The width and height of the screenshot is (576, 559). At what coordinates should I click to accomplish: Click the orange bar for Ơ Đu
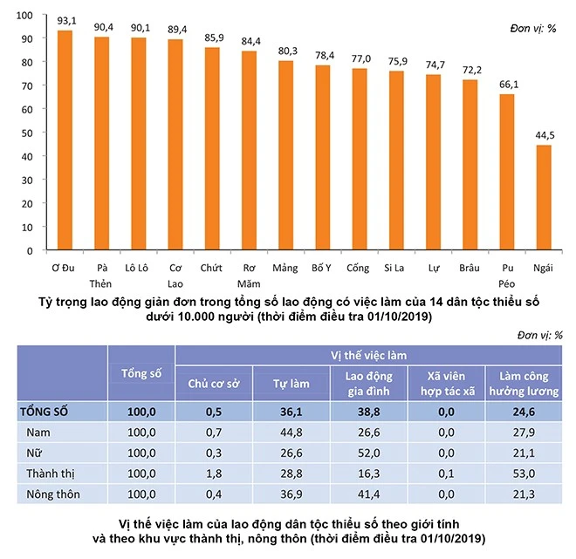point(65,140)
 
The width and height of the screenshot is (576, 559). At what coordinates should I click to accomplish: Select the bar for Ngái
point(544,198)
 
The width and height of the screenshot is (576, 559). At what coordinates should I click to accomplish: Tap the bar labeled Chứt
point(212,149)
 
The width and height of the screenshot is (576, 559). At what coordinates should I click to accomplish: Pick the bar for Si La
point(396,160)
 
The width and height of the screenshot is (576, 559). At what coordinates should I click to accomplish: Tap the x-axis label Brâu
point(470,269)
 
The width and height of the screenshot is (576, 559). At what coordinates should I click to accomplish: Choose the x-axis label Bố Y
point(322,269)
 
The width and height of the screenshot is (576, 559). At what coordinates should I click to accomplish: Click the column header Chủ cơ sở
point(214,384)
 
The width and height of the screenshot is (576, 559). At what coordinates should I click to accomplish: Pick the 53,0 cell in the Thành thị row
point(524,475)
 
